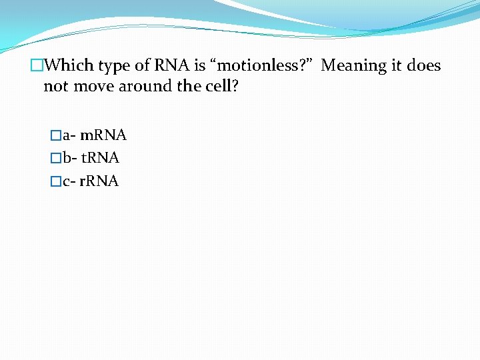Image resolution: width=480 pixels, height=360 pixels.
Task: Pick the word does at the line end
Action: point(424,65)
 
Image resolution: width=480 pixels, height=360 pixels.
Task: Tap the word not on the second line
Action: point(56,87)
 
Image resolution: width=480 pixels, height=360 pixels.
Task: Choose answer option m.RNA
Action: point(103,136)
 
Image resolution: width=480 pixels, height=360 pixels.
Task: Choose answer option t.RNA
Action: point(100,159)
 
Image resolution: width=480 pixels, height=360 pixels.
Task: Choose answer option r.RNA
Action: point(99,181)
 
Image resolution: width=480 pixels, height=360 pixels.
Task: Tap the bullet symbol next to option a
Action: point(56,136)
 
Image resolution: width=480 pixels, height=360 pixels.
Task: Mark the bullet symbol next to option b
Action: point(56,159)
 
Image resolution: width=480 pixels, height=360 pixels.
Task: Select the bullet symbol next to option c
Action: point(56,181)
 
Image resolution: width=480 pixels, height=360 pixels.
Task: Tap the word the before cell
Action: point(185,87)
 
